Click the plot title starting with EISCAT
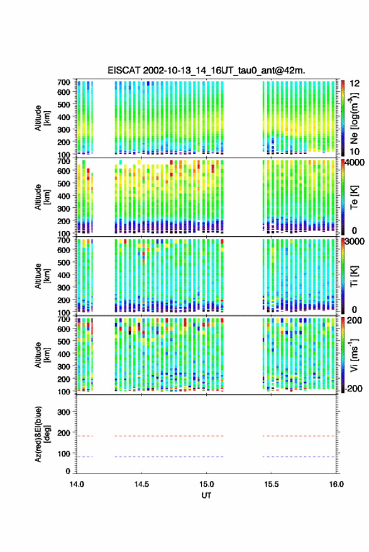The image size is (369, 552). [x=206, y=70]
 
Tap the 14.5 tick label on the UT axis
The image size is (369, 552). [x=141, y=484]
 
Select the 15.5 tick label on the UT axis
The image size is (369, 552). [x=271, y=484]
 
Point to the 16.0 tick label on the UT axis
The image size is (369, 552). [x=336, y=484]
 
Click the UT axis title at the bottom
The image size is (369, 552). [x=206, y=495]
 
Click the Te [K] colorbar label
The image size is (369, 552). [x=354, y=197]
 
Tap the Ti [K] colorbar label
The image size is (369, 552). [x=354, y=276]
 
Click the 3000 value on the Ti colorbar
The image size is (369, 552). [x=355, y=242]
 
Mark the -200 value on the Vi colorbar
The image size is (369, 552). [x=353, y=388]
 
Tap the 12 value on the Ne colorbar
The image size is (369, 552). [x=355, y=84]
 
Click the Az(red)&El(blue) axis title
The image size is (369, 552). [x=41, y=434]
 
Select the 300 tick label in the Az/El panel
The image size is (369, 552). [x=63, y=412]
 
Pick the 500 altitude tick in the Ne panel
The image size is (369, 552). [x=63, y=104]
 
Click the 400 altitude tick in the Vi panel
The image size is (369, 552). [x=63, y=354]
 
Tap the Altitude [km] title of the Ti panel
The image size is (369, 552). [x=41, y=276]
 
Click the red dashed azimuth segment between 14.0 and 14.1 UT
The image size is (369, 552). [x=85, y=436]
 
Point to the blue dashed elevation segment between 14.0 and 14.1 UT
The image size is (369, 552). [x=85, y=457]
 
